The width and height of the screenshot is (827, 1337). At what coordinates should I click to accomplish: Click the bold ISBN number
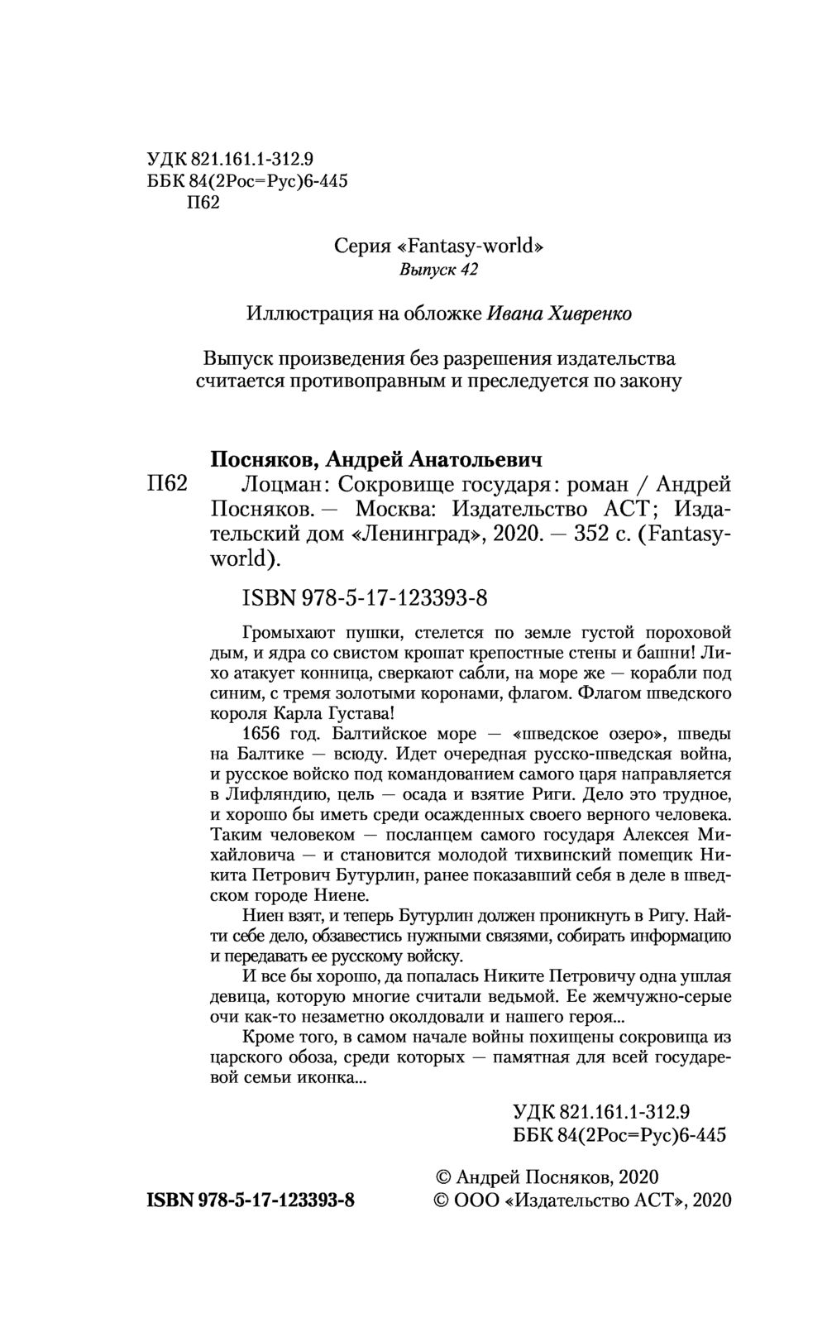[251, 1200]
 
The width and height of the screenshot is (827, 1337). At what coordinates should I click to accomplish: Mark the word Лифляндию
[270, 794]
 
